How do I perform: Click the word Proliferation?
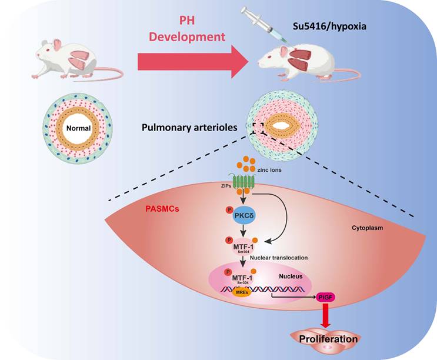(x=328, y=339)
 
